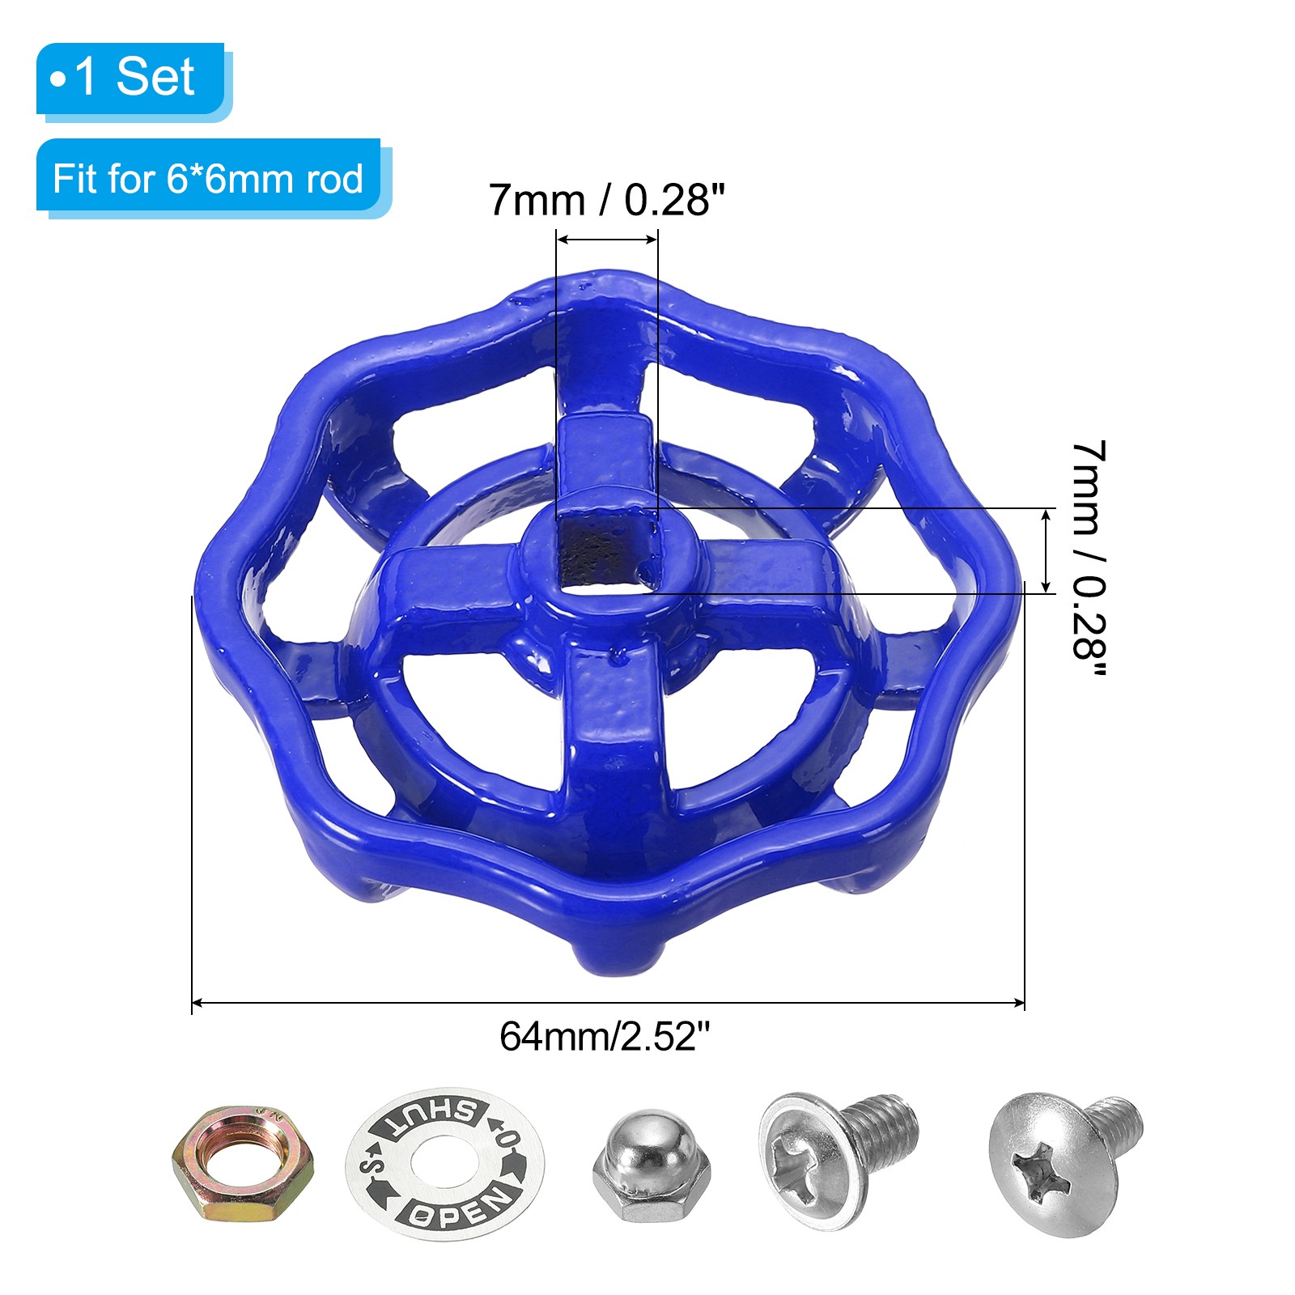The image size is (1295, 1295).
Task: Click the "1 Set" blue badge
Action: (x=131, y=79)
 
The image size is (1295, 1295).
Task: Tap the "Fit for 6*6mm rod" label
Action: (x=208, y=178)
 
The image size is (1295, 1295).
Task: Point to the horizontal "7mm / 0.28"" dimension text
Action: (x=606, y=200)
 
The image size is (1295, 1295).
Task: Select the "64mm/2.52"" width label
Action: (x=605, y=1036)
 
